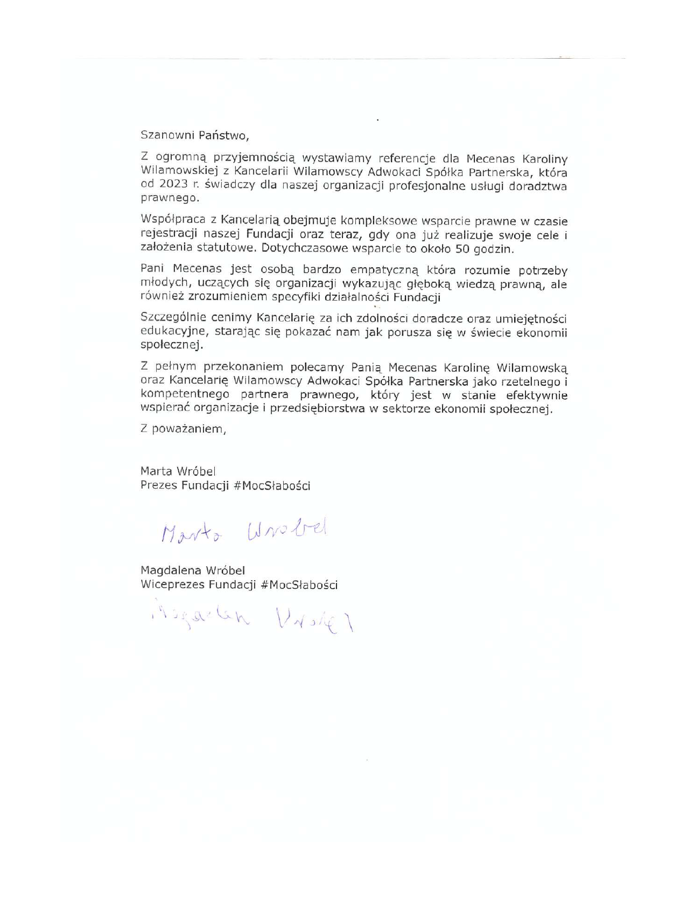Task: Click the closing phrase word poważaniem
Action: tap(189, 429)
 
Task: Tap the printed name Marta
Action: tap(156, 471)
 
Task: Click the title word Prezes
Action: tap(159, 485)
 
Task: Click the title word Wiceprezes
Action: tap(172, 585)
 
